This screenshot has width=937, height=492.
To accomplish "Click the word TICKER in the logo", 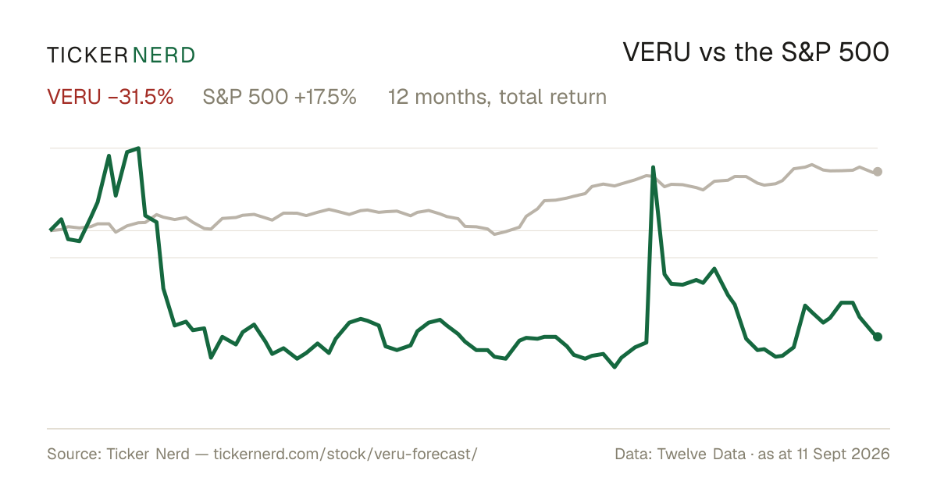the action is pyautogui.click(x=87, y=55).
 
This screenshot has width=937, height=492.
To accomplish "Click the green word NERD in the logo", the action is pyautogui.click(x=164, y=55).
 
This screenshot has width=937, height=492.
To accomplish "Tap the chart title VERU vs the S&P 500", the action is pyautogui.click(x=756, y=52).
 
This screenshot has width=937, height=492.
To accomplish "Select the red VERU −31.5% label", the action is pyautogui.click(x=110, y=97).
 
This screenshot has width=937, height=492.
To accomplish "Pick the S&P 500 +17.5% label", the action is pyautogui.click(x=280, y=97).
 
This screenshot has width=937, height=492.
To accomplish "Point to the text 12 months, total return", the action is pyautogui.click(x=497, y=97).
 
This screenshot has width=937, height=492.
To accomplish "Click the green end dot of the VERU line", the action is pyautogui.click(x=878, y=337).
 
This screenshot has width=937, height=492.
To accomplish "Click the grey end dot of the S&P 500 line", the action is pyautogui.click(x=878, y=172).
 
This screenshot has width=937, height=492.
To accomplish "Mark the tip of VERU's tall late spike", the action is pyautogui.click(x=653, y=167).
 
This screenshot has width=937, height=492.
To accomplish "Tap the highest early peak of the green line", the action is pyautogui.click(x=138, y=148).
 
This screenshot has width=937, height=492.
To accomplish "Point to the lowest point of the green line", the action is pyautogui.click(x=615, y=367).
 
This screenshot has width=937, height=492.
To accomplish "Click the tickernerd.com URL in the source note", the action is pyautogui.click(x=345, y=454).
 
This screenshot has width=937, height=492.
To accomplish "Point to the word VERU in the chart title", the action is pyautogui.click(x=657, y=52).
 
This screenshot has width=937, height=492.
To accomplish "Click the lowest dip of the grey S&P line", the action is pyautogui.click(x=494, y=234).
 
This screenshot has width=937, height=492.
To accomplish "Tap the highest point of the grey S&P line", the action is pyautogui.click(x=812, y=165).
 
